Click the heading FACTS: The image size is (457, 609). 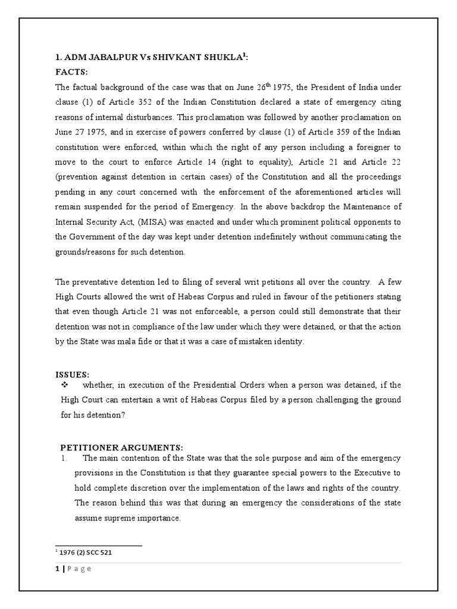[x=71, y=73]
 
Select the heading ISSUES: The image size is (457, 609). [x=72, y=375]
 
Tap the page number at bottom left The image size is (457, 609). [x=57, y=569]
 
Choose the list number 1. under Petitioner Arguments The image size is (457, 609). [x=64, y=458]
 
